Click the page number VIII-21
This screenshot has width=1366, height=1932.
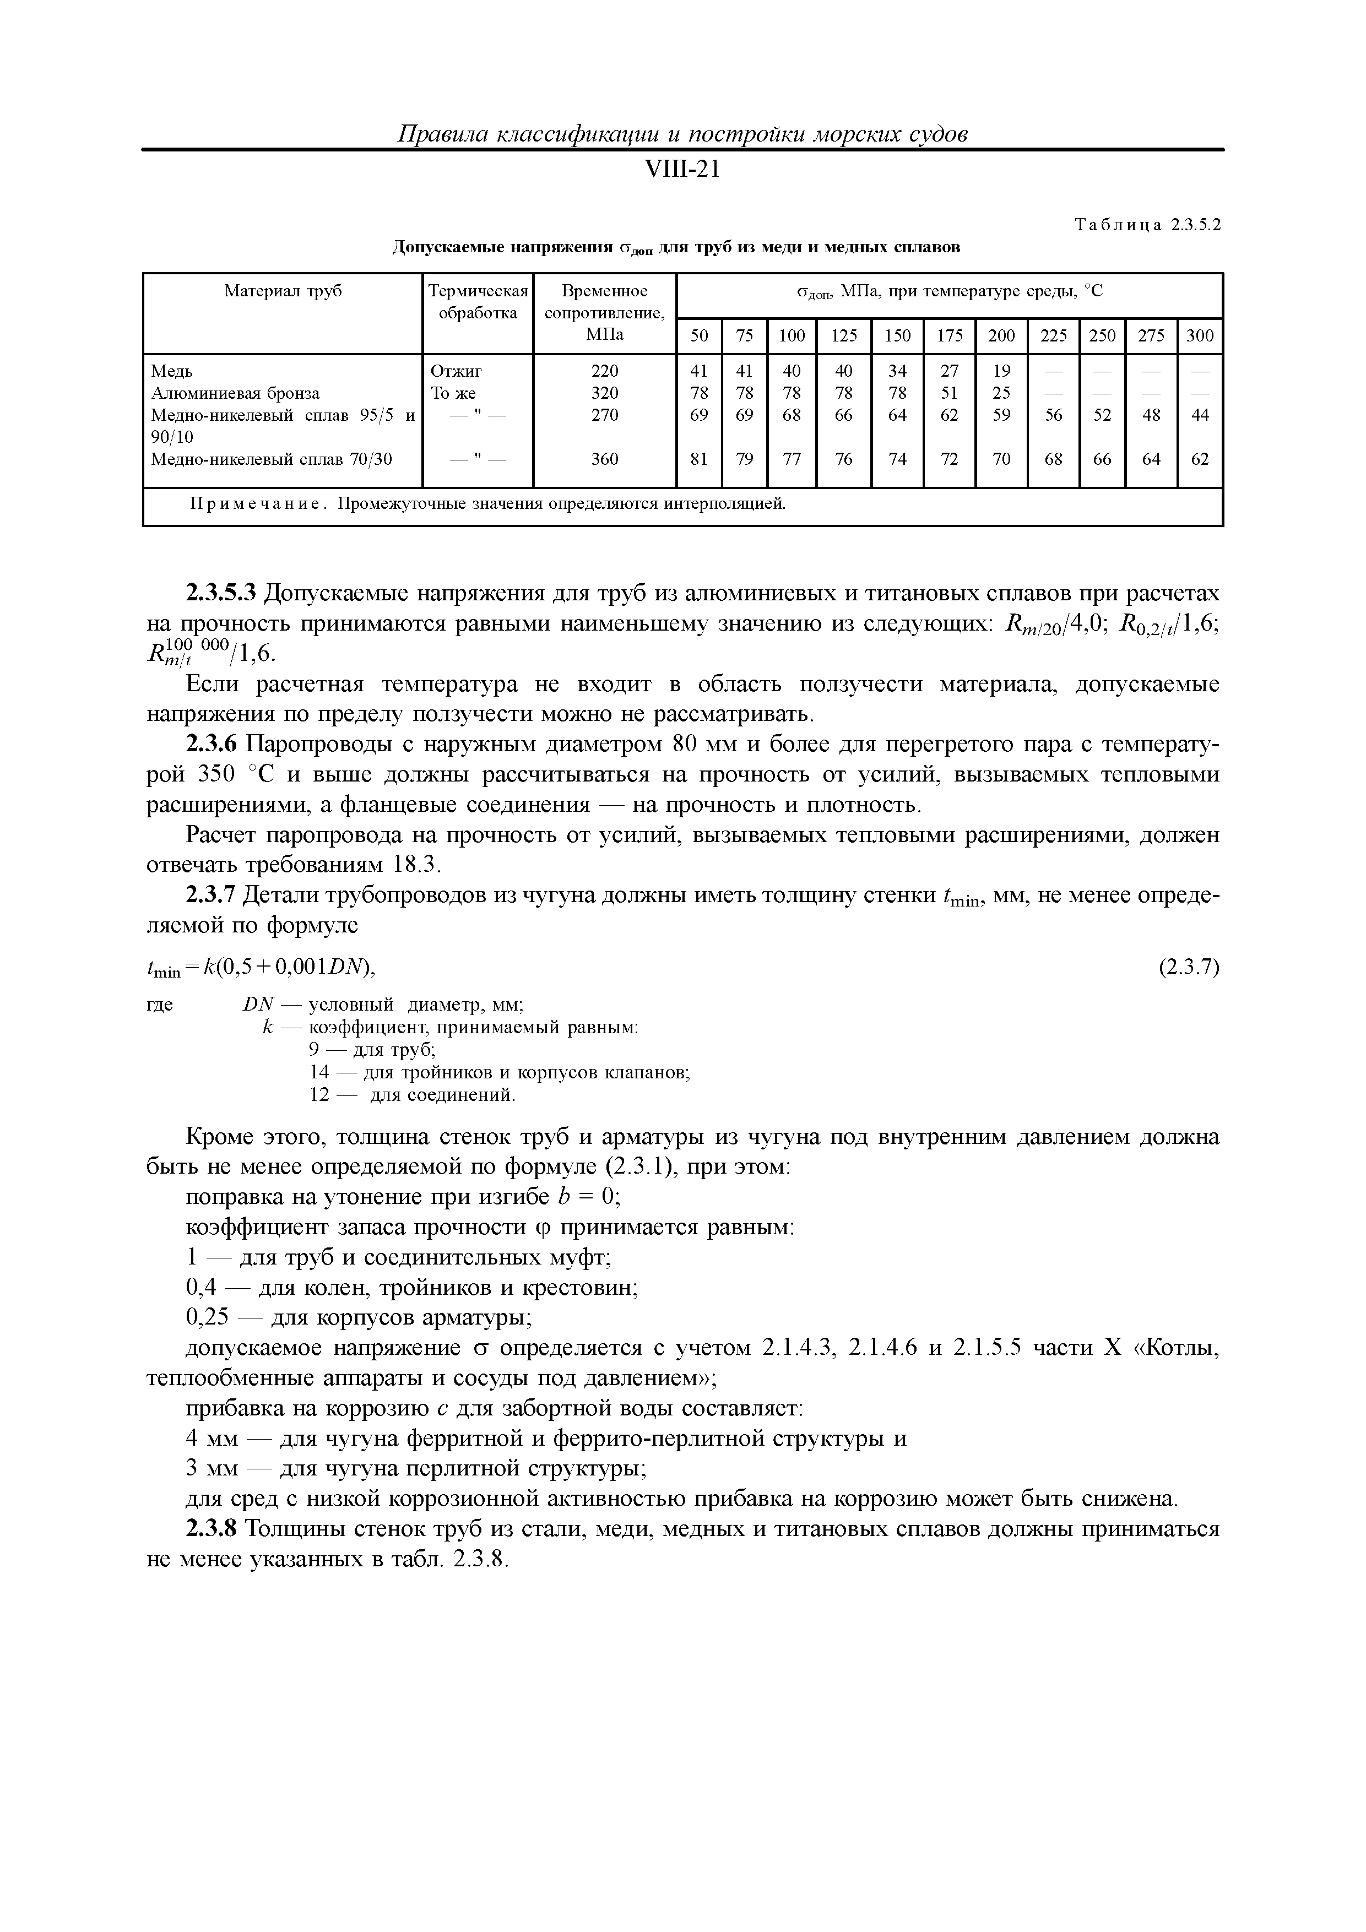pos(682,170)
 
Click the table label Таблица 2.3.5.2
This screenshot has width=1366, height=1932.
pos(1147,225)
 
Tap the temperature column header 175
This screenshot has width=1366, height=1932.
pos(950,336)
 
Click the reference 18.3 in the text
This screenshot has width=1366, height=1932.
pos(416,866)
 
